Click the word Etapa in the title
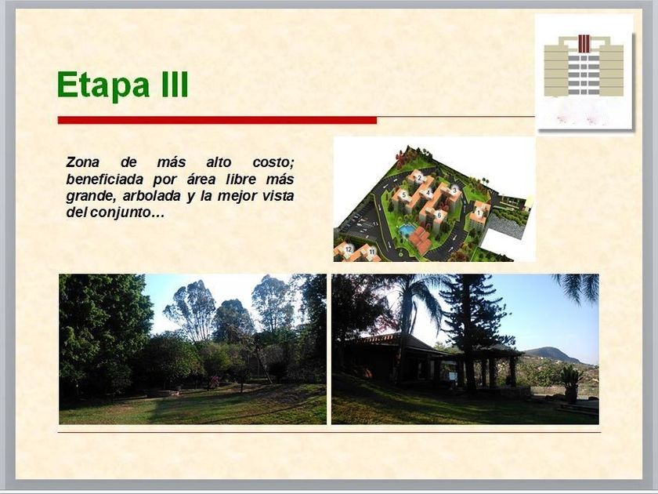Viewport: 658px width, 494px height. (x=103, y=85)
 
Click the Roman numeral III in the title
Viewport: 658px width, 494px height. (x=174, y=84)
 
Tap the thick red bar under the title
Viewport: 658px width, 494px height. (x=217, y=120)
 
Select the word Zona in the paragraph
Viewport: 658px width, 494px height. (x=83, y=162)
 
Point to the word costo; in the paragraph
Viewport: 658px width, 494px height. (x=273, y=162)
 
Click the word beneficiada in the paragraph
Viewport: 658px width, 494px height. (x=104, y=180)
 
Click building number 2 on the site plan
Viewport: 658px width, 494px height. (x=419, y=178)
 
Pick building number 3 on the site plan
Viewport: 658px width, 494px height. (x=454, y=191)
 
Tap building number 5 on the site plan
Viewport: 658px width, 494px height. (x=403, y=195)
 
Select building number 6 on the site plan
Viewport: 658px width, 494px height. (x=439, y=215)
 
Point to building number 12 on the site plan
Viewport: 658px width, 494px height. (x=348, y=249)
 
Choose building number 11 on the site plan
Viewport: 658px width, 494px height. (x=372, y=252)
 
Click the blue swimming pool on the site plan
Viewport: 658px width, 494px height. (x=406, y=231)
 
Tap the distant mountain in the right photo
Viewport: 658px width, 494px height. (x=551, y=355)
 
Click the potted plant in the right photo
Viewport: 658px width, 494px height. (x=571, y=384)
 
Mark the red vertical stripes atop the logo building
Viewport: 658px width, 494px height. (x=584, y=44)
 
